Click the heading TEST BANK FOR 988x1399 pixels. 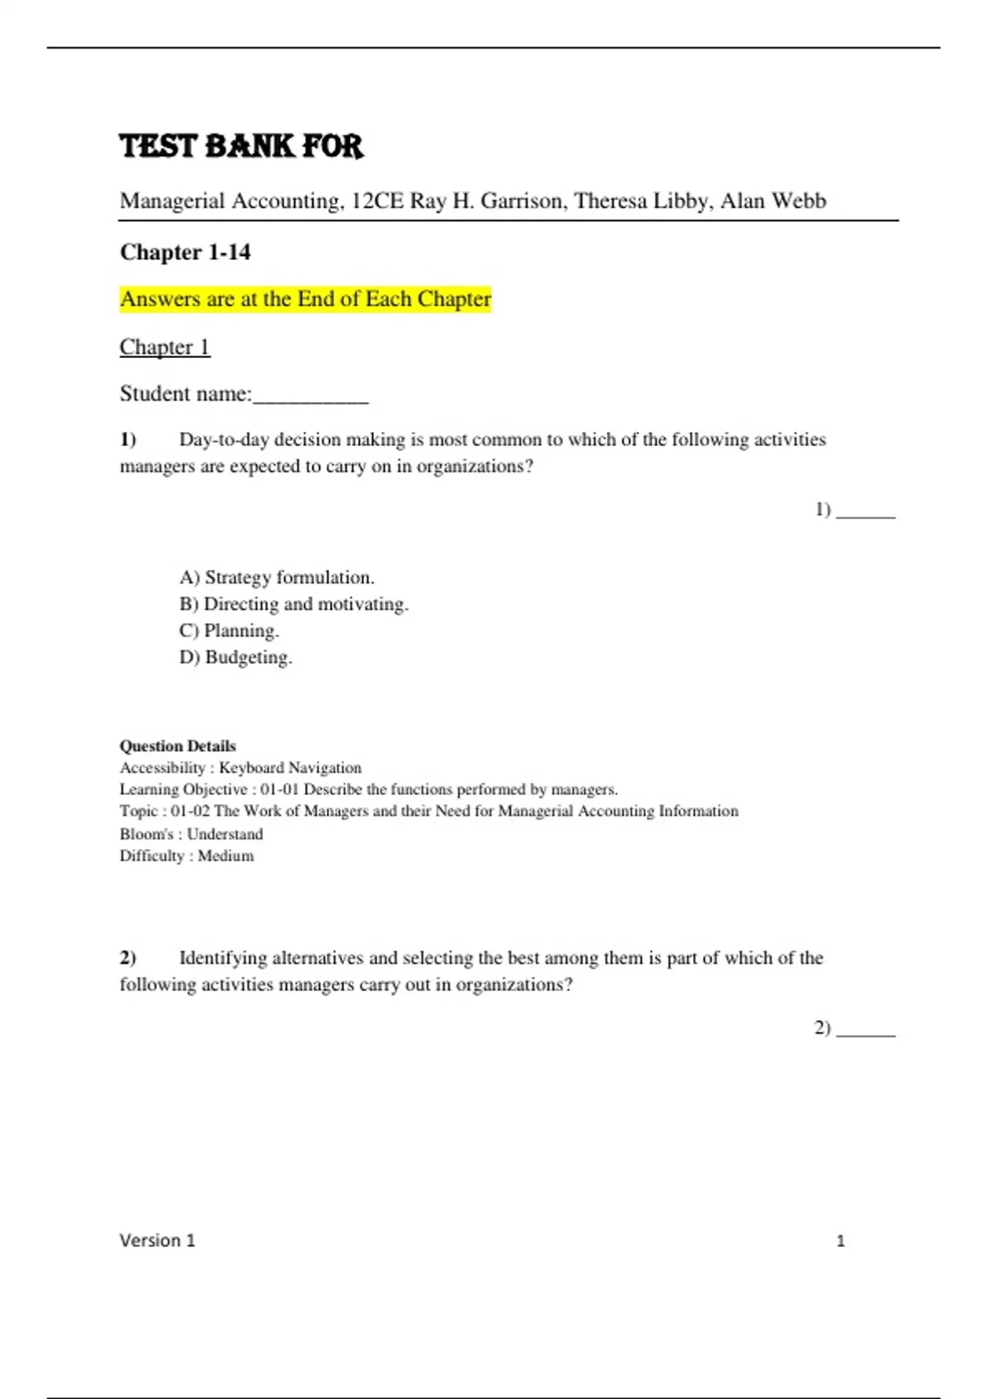pos(241,146)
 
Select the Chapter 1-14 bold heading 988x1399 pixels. pos(185,252)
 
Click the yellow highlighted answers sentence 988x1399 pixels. pos(305,299)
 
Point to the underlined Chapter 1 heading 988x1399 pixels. pos(165,346)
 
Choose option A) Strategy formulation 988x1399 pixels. pos(277,578)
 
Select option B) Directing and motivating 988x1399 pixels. pos(294,604)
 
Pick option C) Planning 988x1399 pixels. pos(229,630)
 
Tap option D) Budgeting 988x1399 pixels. pos(235,658)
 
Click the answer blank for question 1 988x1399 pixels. pos(865,513)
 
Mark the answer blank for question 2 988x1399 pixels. pos(865,1030)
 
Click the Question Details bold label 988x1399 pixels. pos(178,746)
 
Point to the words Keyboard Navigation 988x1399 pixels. pos(290,768)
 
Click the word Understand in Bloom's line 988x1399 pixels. pos(225,834)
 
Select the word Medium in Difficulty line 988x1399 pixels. pos(226,856)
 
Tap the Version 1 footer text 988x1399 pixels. pos(157,1240)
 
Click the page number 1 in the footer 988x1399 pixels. pos(841,1241)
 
